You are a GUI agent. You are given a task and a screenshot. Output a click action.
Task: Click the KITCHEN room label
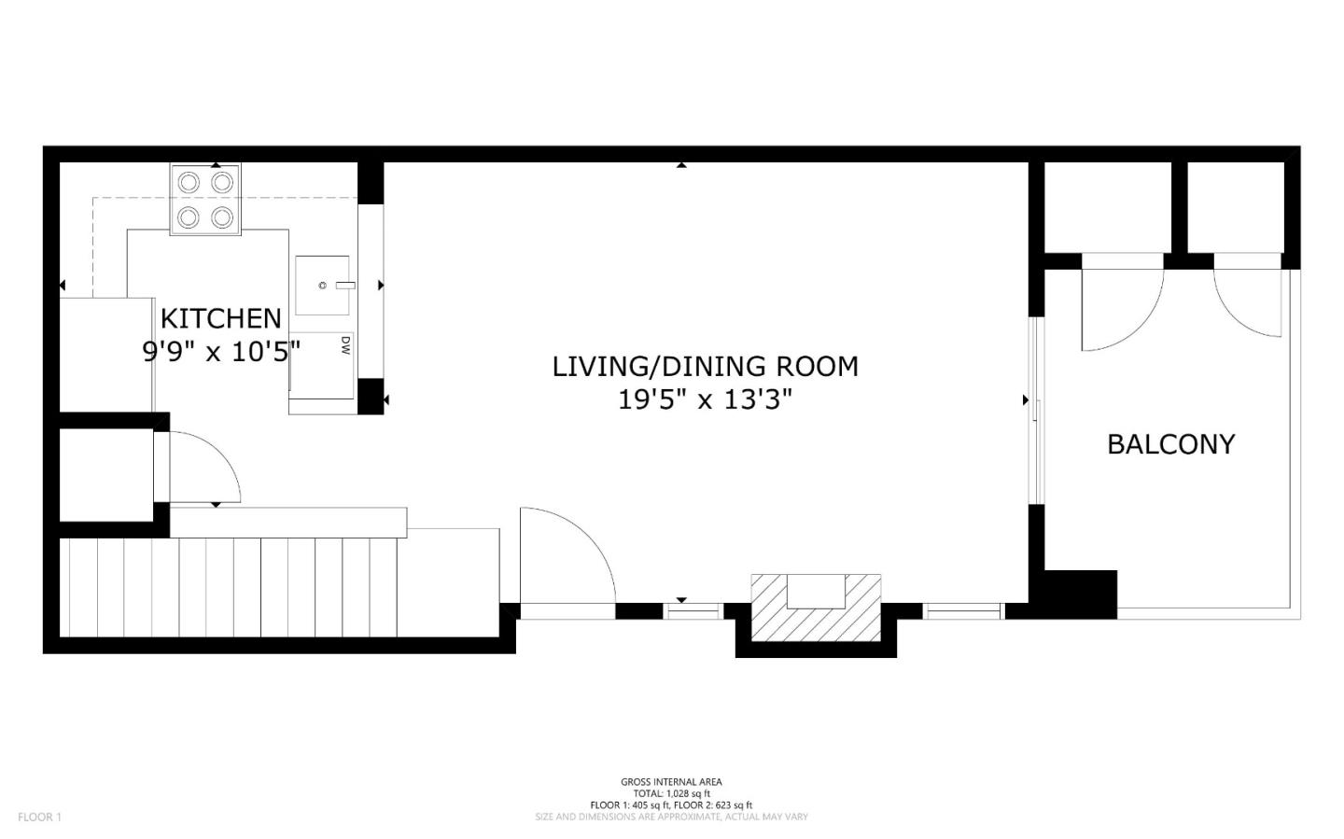pyautogui.click(x=220, y=318)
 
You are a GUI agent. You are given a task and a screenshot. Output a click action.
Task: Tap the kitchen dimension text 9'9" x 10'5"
pyautogui.click(x=220, y=352)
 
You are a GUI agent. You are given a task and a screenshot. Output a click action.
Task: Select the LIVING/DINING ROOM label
pyautogui.click(x=705, y=366)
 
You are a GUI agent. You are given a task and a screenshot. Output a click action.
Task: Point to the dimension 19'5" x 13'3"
pyautogui.click(x=705, y=400)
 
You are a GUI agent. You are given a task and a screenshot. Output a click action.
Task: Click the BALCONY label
pyautogui.click(x=1170, y=444)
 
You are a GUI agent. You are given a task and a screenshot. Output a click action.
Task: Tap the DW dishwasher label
pyautogui.click(x=344, y=345)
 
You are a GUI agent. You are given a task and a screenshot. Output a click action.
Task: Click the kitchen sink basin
pyautogui.click(x=322, y=285)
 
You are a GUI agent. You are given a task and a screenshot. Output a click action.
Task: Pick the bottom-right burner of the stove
pyautogui.click(x=221, y=217)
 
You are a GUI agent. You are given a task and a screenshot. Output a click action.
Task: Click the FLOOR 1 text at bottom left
pyautogui.click(x=39, y=817)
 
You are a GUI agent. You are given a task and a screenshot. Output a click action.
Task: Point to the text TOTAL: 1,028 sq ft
pyautogui.click(x=671, y=793)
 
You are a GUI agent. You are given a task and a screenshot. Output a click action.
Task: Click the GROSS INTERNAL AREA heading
pyautogui.click(x=671, y=782)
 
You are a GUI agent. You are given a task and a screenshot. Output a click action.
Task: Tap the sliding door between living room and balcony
pyautogui.click(x=1034, y=411)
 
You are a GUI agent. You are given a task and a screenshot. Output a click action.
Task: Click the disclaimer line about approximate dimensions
pyautogui.click(x=671, y=817)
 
